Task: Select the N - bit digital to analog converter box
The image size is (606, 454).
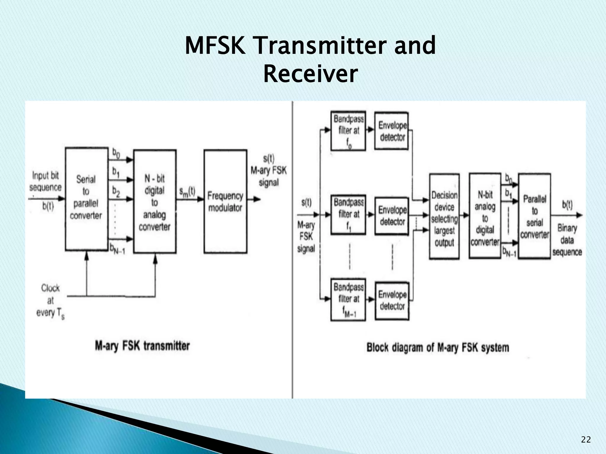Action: (155, 202)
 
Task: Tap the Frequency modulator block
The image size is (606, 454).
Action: (225, 201)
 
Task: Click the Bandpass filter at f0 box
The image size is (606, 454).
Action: (348, 131)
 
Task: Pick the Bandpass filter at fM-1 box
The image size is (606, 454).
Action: (348, 299)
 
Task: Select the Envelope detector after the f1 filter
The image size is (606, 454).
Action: (392, 215)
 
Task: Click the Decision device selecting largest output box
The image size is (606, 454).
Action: (444, 216)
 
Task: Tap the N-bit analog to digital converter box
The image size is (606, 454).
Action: (485, 216)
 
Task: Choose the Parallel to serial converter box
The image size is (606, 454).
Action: (534, 216)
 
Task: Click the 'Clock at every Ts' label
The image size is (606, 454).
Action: (50, 301)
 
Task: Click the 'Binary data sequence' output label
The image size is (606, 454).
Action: (567, 240)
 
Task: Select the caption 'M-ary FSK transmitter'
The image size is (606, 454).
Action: (142, 346)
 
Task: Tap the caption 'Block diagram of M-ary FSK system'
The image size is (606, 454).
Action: (438, 347)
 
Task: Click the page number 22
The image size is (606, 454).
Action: (586, 440)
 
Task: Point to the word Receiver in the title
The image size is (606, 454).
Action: (310, 74)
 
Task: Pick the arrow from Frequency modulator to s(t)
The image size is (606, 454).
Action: (254, 199)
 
